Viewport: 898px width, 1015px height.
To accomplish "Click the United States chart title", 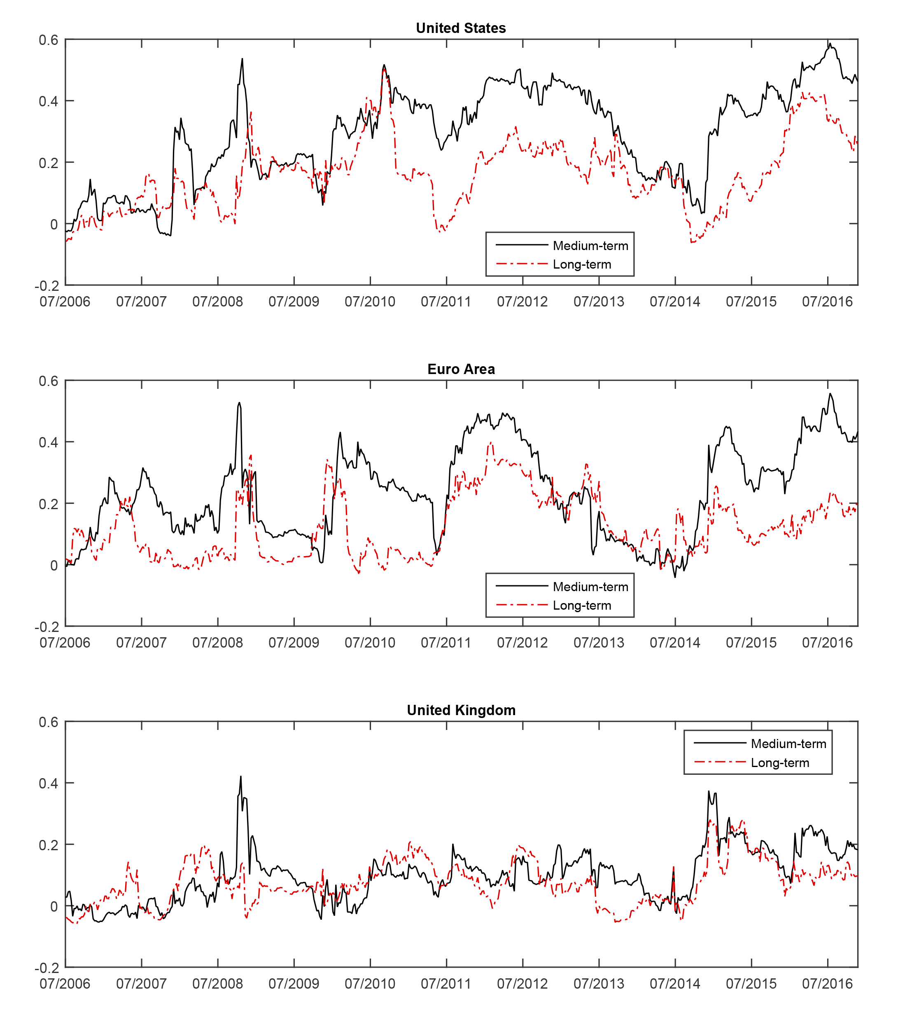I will [461, 28].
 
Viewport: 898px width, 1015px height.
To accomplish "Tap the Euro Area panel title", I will [461, 369].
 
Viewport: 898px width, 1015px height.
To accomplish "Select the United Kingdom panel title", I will [461, 710].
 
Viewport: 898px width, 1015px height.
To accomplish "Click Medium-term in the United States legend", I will [590, 246].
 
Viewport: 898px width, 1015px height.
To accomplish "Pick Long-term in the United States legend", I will [582, 265].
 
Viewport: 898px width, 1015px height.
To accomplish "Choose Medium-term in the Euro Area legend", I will [590, 587].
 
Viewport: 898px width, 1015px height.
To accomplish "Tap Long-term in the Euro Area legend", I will [582, 606].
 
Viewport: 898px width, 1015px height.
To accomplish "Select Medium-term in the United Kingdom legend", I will [788, 744].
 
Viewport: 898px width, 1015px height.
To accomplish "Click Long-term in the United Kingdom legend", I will [780, 763].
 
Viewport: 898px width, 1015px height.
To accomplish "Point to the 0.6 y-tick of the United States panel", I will [49, 40].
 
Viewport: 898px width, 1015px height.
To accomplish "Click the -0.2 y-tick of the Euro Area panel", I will [47, 627].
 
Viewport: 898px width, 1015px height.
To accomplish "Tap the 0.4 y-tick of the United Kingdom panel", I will [49, 783].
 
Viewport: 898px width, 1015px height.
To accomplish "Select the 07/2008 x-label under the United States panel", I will [217, 302].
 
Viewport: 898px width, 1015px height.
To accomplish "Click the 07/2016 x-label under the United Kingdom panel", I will [827, 984].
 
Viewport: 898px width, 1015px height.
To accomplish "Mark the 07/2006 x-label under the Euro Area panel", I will [65, 643].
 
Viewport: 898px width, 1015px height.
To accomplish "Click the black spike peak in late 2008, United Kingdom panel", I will [241, 776].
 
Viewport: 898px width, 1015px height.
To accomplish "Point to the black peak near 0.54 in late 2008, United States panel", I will [242, 59].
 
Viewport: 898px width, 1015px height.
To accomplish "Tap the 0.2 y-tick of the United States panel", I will [49, 163].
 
